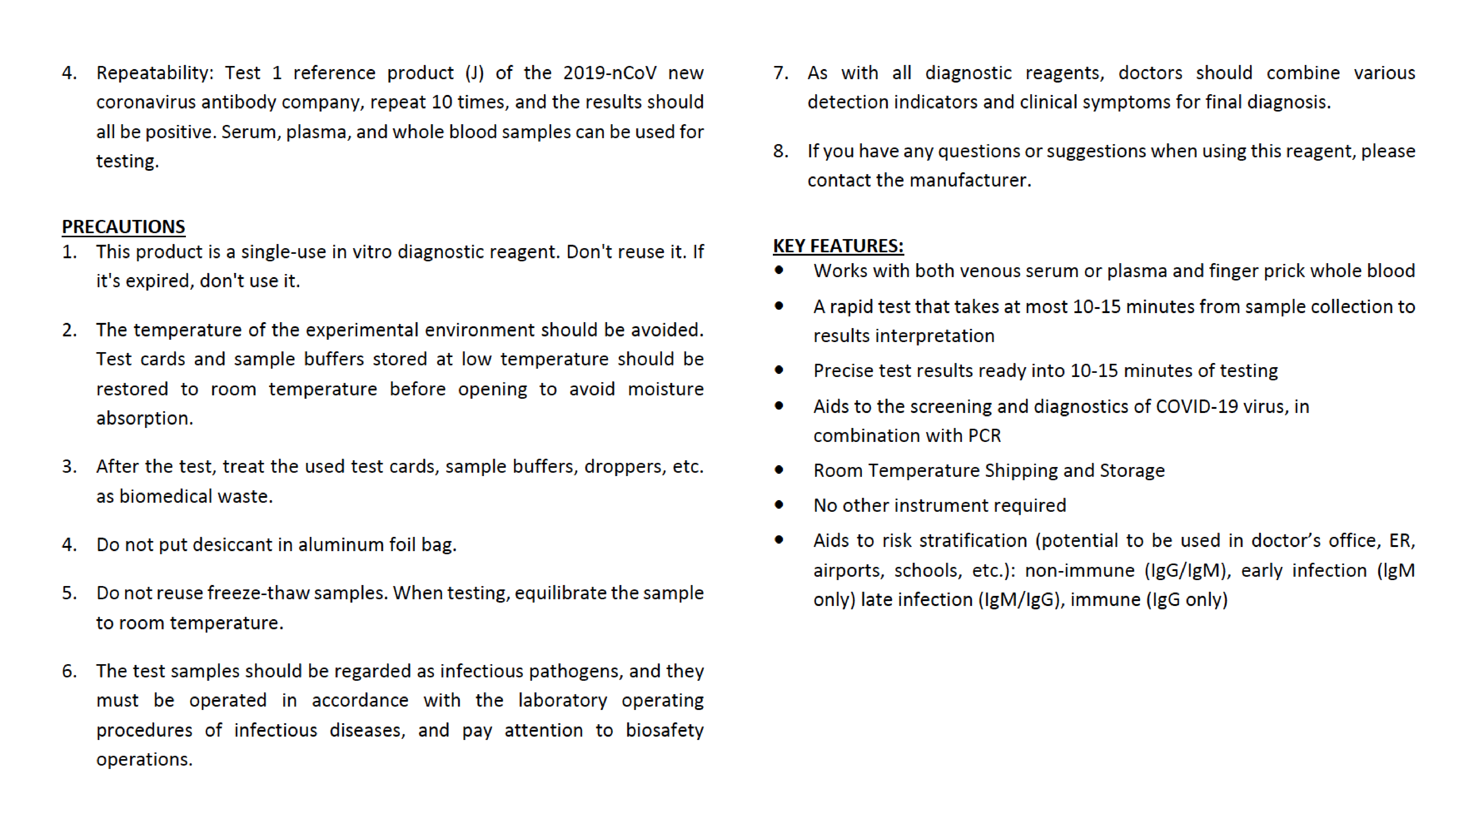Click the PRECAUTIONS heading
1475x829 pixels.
pos(123,227)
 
